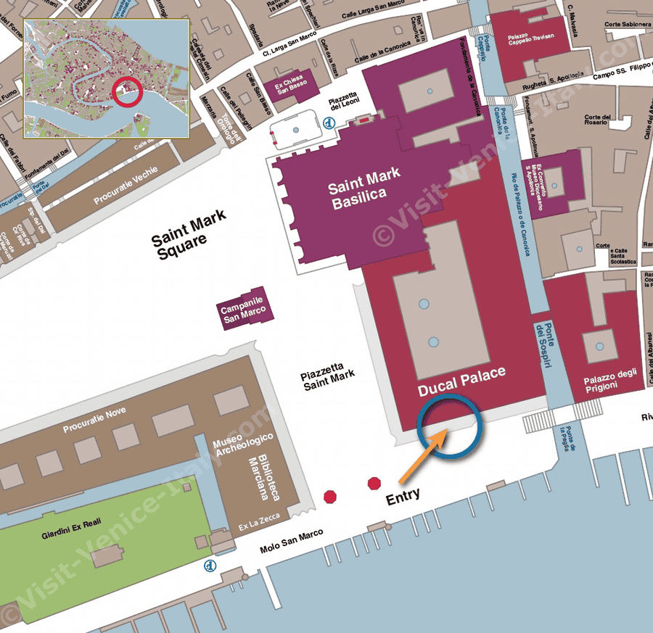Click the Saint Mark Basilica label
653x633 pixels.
pos(365,194)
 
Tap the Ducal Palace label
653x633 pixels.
pos(461,382)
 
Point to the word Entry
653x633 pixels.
pos(403,500)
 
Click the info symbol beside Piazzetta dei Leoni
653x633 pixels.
pos(329,123)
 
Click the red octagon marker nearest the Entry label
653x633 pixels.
pos(374,483)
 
